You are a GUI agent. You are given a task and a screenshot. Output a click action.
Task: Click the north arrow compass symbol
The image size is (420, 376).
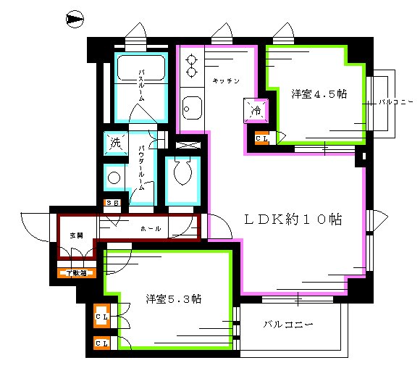(x=74, y=20)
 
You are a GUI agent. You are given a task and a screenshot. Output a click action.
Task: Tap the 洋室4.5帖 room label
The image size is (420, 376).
(x=319, y=93)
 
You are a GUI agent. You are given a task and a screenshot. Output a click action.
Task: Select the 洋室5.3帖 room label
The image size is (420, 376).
(x=173, y=298)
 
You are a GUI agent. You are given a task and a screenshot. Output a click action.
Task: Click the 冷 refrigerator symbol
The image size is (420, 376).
(x=256, y=111)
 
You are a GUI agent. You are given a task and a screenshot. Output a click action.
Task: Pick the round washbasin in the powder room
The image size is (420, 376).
(x=114, y=177)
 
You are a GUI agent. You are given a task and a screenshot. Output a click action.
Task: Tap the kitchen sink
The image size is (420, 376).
(x=191, y=109)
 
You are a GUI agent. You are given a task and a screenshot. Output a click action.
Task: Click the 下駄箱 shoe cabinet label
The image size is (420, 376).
(x=75, y=273)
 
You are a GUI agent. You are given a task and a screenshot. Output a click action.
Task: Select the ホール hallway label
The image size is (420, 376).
(x=150, y=229)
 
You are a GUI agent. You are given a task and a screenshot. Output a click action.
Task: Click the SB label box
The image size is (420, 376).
(x=113, y=203)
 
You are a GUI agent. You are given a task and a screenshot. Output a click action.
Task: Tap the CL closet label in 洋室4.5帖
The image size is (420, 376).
(x=262, y=137)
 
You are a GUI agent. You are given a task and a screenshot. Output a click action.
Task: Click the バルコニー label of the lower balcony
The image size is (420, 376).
(x=287, y=324)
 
